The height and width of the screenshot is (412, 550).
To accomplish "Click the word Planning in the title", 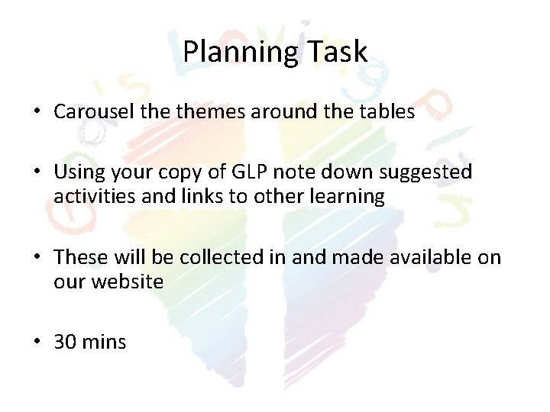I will point(234,53).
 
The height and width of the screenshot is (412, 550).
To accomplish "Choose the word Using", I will point(79,172).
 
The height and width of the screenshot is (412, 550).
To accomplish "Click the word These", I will point(82,257).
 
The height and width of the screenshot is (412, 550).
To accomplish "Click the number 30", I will point(65,342).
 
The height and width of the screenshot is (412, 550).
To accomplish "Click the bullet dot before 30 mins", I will point(37,342).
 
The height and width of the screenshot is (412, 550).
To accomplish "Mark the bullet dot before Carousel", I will point(37,111).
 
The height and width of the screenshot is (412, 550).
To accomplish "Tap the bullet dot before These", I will point(37,257).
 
